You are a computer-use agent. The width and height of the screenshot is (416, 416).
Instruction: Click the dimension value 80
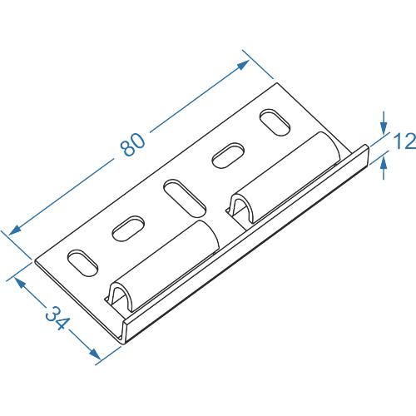[132, 145]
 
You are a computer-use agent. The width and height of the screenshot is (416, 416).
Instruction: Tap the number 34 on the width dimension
[57, 318]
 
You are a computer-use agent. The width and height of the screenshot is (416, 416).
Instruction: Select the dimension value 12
[405, 141]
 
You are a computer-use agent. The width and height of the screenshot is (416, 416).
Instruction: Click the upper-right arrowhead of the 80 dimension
[243, 65]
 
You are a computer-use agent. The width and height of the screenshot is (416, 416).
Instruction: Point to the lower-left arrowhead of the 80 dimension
[15, 230]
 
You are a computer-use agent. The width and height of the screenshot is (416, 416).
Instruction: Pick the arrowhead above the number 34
[20, 283]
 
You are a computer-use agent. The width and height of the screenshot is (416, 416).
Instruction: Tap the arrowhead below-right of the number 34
[95, 354]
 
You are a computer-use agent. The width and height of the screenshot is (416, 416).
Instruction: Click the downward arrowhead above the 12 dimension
[384, 128]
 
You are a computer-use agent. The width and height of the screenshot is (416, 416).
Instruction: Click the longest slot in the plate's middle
[185, 198]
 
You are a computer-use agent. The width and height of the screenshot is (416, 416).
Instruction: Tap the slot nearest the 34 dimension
[82, 263]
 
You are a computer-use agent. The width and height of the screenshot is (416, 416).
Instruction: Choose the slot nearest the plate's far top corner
[275, 122]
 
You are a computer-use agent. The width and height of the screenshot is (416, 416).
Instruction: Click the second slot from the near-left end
[128, 228]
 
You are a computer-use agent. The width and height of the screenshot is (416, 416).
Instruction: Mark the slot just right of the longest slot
[228, 156]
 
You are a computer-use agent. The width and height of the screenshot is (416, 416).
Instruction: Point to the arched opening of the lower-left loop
[120, 297]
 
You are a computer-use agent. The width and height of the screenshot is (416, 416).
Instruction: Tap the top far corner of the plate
[277, 82]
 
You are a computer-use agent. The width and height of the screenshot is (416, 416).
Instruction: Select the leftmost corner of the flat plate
[35, 260]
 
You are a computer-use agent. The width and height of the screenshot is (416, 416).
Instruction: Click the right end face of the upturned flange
[369, 155]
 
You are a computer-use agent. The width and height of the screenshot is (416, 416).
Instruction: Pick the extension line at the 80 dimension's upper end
[258, 64]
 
